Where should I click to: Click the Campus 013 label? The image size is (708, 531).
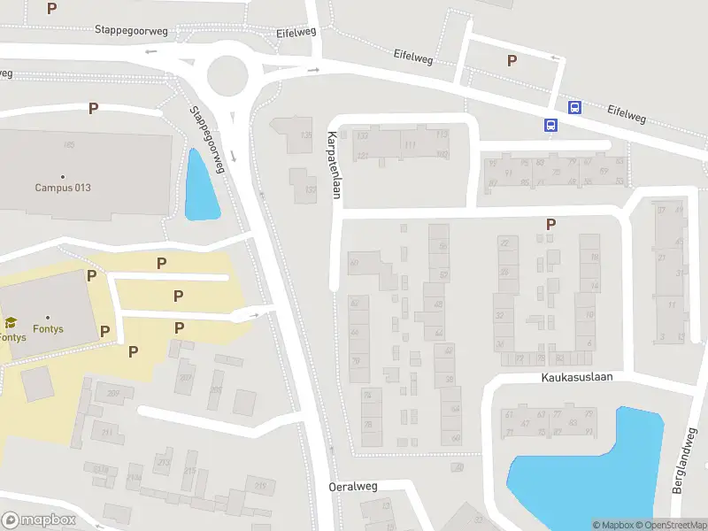(63, 188)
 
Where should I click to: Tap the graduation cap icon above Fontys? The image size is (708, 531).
(11, 323)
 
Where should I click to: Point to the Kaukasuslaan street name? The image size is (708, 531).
(577, 377)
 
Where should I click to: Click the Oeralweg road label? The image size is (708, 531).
(353, 487)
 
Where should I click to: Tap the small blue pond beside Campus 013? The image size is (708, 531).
(200, 186)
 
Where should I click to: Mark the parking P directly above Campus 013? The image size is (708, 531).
(93, 109)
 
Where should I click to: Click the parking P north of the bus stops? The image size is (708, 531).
(512, 60)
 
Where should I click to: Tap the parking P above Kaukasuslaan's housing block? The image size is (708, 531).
(550, 225)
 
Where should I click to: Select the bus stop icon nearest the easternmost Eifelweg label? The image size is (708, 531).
(574, 108)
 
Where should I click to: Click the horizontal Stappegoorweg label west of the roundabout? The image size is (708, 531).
(131, 30)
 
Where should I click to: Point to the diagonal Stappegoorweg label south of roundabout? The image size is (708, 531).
(205, 139)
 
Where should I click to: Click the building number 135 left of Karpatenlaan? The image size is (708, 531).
(306, 135)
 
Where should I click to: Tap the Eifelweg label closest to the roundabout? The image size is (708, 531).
(296, 33)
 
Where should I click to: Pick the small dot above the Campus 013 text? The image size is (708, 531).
(63, 177)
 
